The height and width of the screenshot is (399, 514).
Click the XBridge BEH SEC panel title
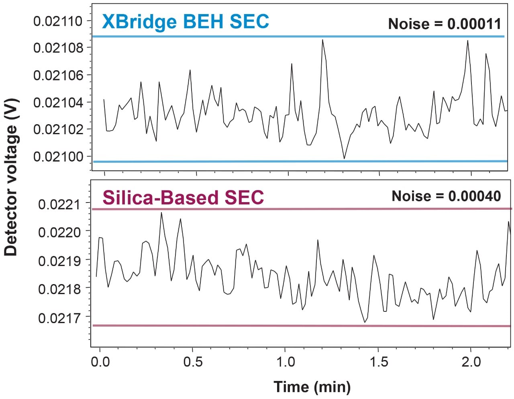185,21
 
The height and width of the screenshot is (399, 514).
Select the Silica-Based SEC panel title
183,197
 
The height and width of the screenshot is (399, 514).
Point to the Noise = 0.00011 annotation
445,24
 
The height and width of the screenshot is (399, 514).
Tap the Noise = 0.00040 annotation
446,196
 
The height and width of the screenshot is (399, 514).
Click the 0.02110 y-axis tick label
57,21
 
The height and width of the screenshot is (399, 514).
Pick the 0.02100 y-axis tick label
57,156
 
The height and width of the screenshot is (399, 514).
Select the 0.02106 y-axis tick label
57,75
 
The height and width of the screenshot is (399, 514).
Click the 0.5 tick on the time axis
193,362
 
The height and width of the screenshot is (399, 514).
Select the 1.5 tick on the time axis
378,362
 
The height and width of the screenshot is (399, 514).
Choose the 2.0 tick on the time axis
471,362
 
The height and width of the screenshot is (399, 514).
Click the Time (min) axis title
312,387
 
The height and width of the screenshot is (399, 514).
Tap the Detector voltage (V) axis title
11,177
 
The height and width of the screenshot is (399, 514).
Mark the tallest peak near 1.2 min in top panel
322,40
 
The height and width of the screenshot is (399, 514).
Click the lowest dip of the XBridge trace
344,158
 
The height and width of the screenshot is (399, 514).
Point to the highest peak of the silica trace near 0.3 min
161,213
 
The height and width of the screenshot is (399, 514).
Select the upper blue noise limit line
297,37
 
